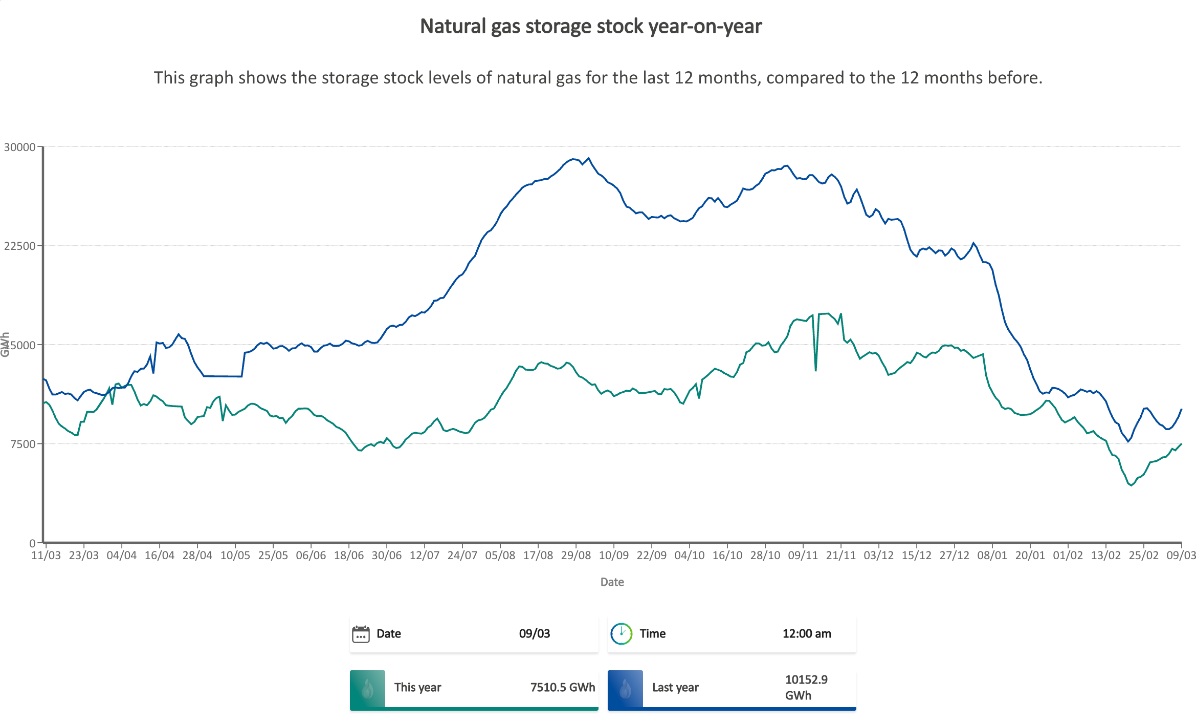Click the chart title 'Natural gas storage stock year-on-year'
point(591,27)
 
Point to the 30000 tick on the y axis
point(20,147)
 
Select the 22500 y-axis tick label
point(20,246)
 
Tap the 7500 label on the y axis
point(23,444)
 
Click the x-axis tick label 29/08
point(575,556)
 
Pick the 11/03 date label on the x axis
point(46,556)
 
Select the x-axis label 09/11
point(803,556)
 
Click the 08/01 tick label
point(992,556)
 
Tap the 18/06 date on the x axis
point(348,556)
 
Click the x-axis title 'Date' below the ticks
point(612,582)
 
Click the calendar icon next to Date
point(361,634)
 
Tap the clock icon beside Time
point(621,634)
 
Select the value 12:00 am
point(806,634)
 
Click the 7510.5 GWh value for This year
point(562,688)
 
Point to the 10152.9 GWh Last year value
point(806,688)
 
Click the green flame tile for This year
point(367,689)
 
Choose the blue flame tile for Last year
point(625,689)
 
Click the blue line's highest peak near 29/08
point(588,158)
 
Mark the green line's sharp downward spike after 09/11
point(815,370)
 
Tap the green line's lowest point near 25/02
point(1132,485)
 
